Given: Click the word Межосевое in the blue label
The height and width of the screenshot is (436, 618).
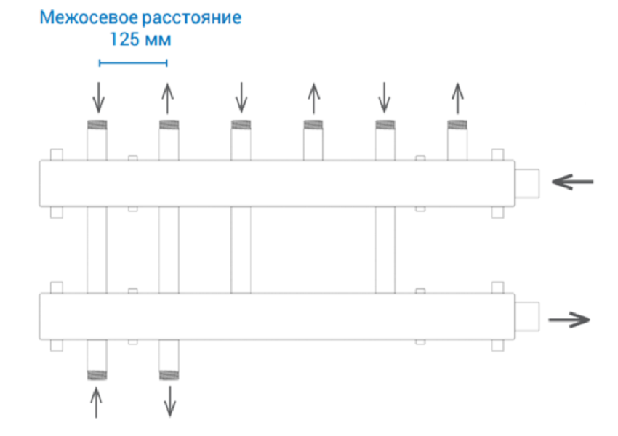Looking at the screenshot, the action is tap(89, 17).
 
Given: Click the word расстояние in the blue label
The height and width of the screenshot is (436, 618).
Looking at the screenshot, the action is tap(191, 18).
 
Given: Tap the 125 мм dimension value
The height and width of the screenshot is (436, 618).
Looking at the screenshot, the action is tap(140, 39).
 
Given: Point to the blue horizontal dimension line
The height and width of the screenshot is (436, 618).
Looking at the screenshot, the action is tap(133, 62).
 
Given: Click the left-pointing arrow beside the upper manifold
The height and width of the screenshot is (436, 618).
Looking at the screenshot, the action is tap(572, 182).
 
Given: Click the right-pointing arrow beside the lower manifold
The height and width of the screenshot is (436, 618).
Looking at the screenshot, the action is tap(569, 320).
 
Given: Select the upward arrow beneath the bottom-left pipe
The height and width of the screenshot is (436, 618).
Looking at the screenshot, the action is tap(96, 403).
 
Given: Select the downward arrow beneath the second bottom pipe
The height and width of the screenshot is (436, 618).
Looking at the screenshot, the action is tap(170, 401).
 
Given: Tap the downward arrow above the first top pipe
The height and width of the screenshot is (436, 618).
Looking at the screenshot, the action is tap(99, 97).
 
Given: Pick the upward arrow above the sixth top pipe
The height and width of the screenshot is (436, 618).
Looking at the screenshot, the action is tap(457, 99).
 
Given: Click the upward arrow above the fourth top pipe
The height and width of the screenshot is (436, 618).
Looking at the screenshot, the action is tap(314, 99).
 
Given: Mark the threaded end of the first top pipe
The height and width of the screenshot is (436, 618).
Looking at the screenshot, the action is tap(97, 125).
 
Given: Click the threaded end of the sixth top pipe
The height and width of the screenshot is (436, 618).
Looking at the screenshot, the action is tap(457, 125).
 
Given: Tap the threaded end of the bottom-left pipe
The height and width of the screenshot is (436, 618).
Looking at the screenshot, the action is tap(97, 375).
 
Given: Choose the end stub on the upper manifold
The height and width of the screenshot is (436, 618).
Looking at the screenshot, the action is tap(527, 184).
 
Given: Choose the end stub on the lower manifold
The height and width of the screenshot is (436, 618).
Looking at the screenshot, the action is tap(527, 317).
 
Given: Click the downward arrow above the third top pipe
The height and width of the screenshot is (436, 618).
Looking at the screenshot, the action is tap(241, 97).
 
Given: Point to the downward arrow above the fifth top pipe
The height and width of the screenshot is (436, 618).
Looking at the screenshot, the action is tap(385, 97).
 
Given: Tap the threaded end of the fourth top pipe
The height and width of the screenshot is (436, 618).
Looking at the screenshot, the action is tap(313, 125).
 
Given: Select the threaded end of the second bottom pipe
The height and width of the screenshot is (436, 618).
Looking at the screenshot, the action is tap(169, 375).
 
